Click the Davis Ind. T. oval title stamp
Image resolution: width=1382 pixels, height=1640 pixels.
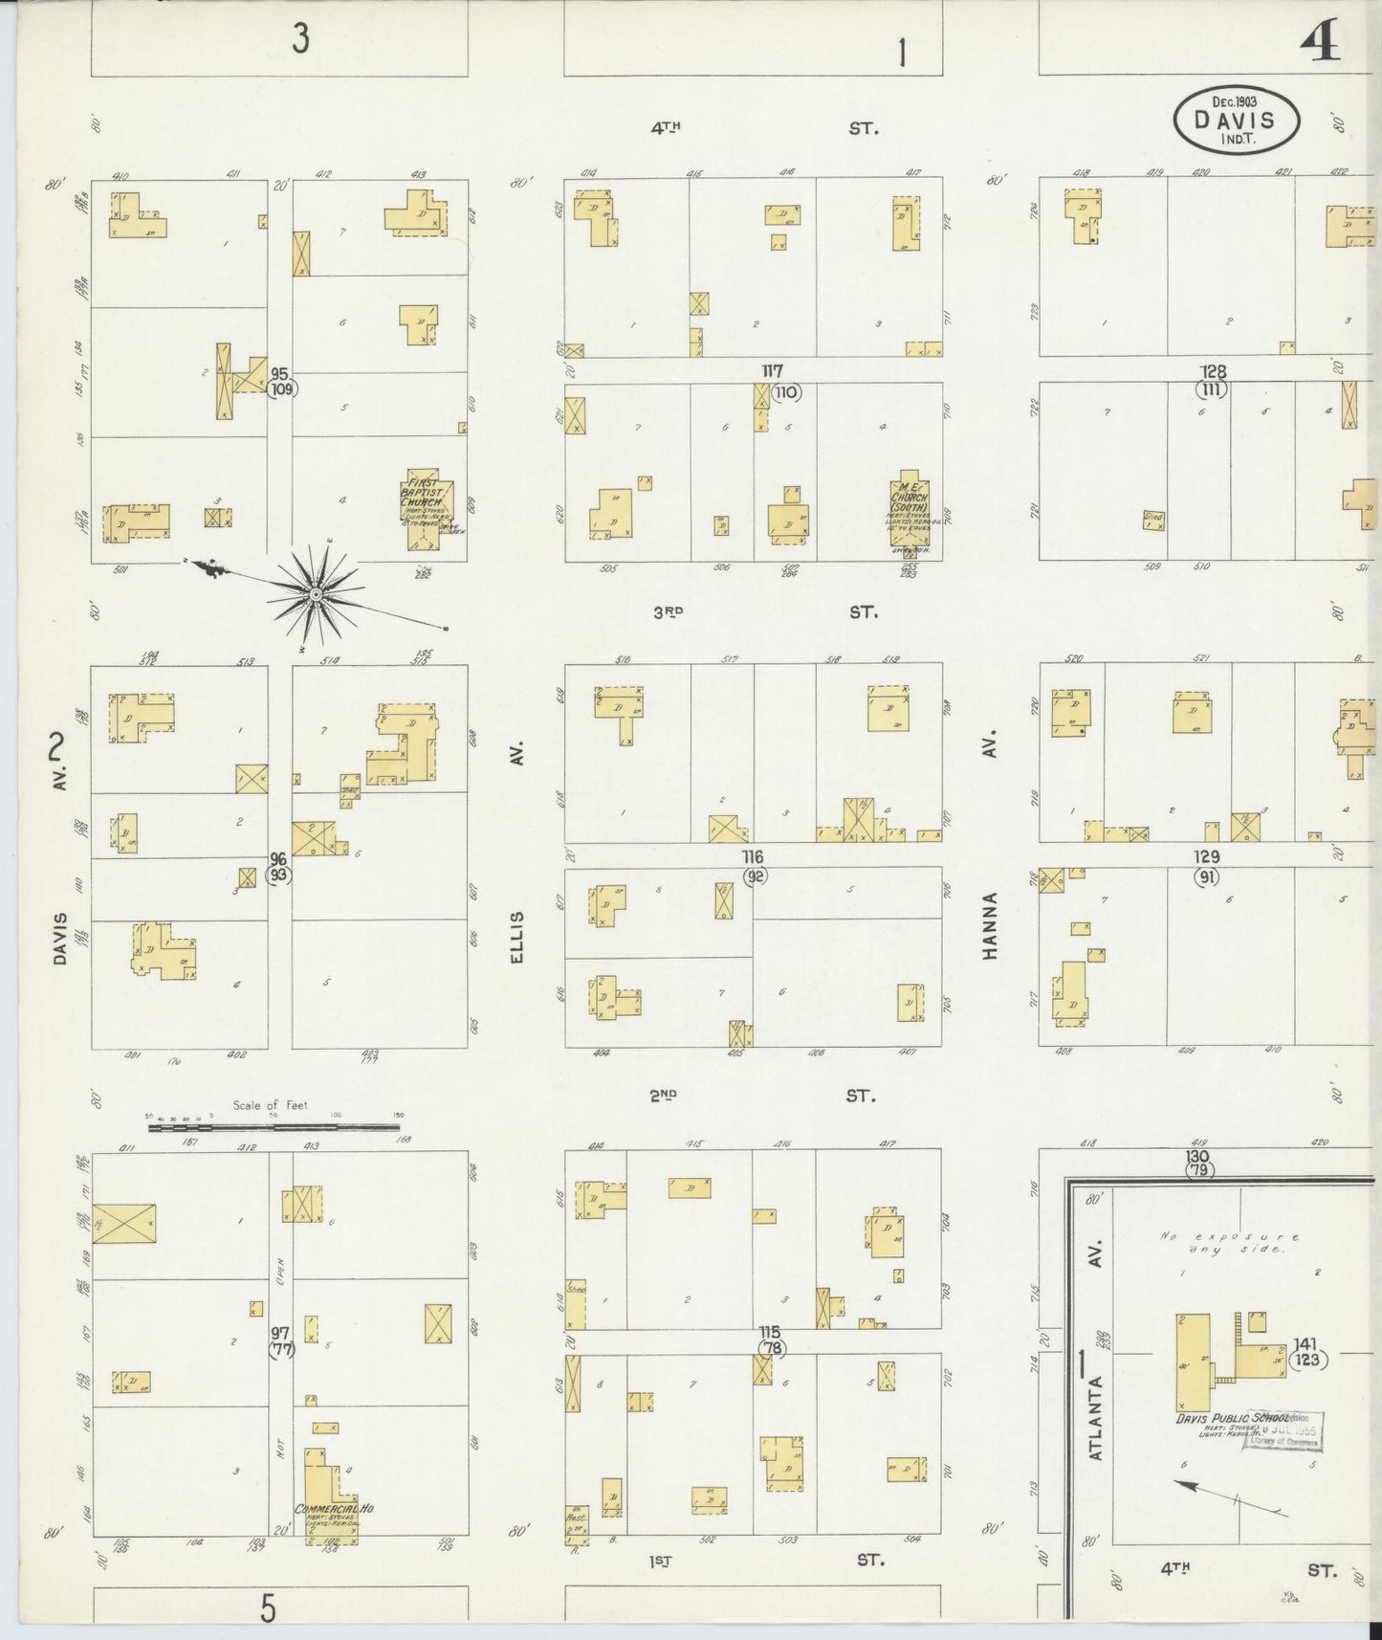point(1237,119)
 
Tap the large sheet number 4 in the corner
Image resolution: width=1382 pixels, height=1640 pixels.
point(1321,43)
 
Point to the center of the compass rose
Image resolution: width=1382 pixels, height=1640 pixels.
point(315,594)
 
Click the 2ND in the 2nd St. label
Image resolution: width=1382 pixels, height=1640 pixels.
point(664,1097)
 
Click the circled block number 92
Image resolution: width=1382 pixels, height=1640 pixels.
point(756,874)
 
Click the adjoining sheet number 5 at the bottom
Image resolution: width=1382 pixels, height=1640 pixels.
point(268,1608)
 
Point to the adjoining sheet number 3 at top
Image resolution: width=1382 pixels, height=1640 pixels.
point(300,40)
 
